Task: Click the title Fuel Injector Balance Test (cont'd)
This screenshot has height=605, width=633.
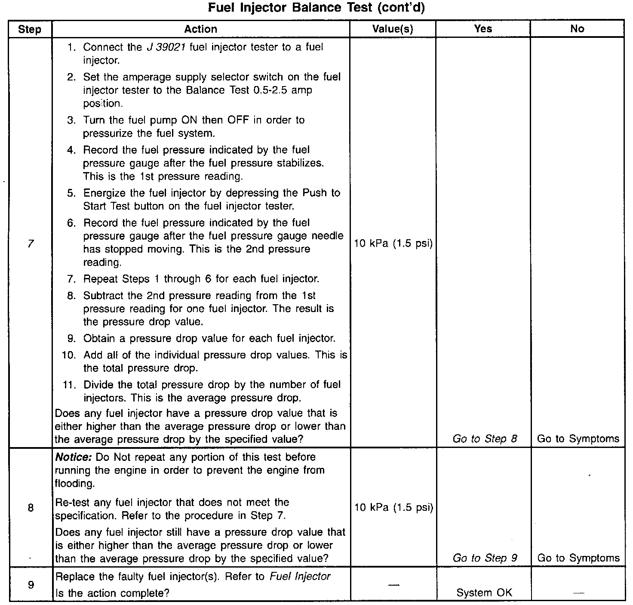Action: [x=316, y=8]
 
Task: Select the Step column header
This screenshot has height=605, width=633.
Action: [x=30, y=29]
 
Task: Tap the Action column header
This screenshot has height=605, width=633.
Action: [x=200, y=29]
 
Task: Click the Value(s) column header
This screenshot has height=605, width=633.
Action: [x=393, y=29]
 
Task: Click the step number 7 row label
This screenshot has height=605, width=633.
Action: [x=30, y=244]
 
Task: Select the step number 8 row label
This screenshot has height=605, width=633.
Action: [x=31, y=508]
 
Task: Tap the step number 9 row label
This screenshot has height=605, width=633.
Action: [x=31, y=585]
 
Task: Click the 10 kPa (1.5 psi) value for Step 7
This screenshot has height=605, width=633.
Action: [x=393, y=244]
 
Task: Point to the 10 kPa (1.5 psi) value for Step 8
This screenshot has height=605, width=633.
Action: [x=393, y=507]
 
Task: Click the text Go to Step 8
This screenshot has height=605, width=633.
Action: [x=485, y=439]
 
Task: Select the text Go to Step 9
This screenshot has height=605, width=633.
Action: [x=485, y=558]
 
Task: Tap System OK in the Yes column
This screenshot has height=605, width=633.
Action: [x=484, y=593]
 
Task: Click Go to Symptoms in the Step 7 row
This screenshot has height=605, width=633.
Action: [x=578, y=439]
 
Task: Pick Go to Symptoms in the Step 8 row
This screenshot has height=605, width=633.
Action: [x=578, y=558]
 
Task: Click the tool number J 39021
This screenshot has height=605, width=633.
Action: [x=166, y=47]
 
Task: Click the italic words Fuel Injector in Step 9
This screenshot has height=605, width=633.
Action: [x=300, y=576]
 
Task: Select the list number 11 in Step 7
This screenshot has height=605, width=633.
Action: [x=69, y=385]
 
